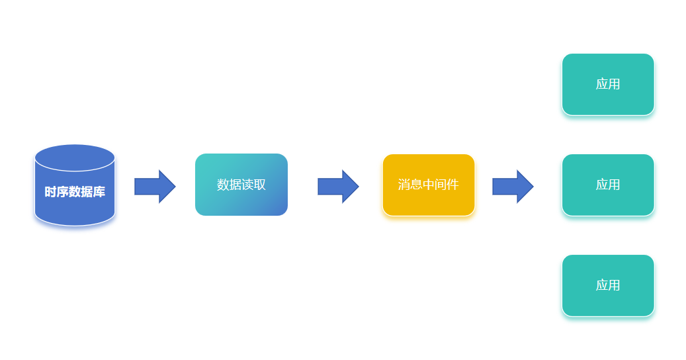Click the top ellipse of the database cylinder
pos(75,157)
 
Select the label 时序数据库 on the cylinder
pos(75,192)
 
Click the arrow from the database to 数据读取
pos(154,187)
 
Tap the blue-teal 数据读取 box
pos(241,185)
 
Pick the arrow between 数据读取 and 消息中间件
pos(337,187)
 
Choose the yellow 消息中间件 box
pos(429,185)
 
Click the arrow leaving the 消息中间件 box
pos(512,187)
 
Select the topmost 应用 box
pos(608,84)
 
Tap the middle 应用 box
pos(608,185)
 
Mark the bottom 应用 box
pos(608,285)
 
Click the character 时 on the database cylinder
pos(50,192)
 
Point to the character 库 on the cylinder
pos(99,192)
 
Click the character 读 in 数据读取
pos(247,185)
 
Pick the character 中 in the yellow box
pos(429,185)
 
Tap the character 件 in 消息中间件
pos(452,185)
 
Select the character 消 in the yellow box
pos(404,185)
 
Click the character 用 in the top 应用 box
pos(614,84)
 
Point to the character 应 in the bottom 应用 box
pos(602,285)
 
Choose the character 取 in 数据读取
pos(260,185)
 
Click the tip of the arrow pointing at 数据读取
pos(173,187)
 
